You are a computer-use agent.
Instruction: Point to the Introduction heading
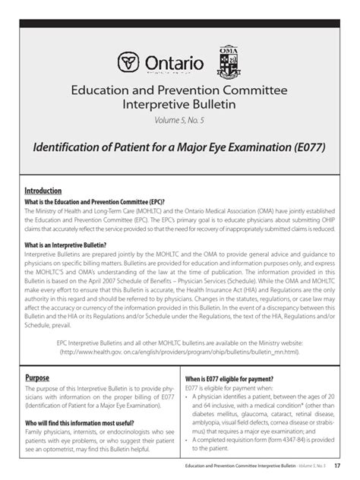coord(43,190)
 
